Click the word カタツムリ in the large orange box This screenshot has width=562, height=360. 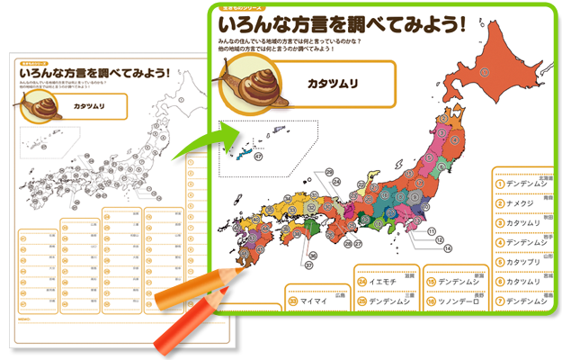pyautogui.click(x=333, y=84)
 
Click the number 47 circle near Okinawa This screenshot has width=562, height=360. pyautogui.click(x=259, y=157)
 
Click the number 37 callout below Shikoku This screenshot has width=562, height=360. pyautogui.click(x=308, y=265)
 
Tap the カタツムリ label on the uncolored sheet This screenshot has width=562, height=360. pyautogui.click(x=92, y=105)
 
